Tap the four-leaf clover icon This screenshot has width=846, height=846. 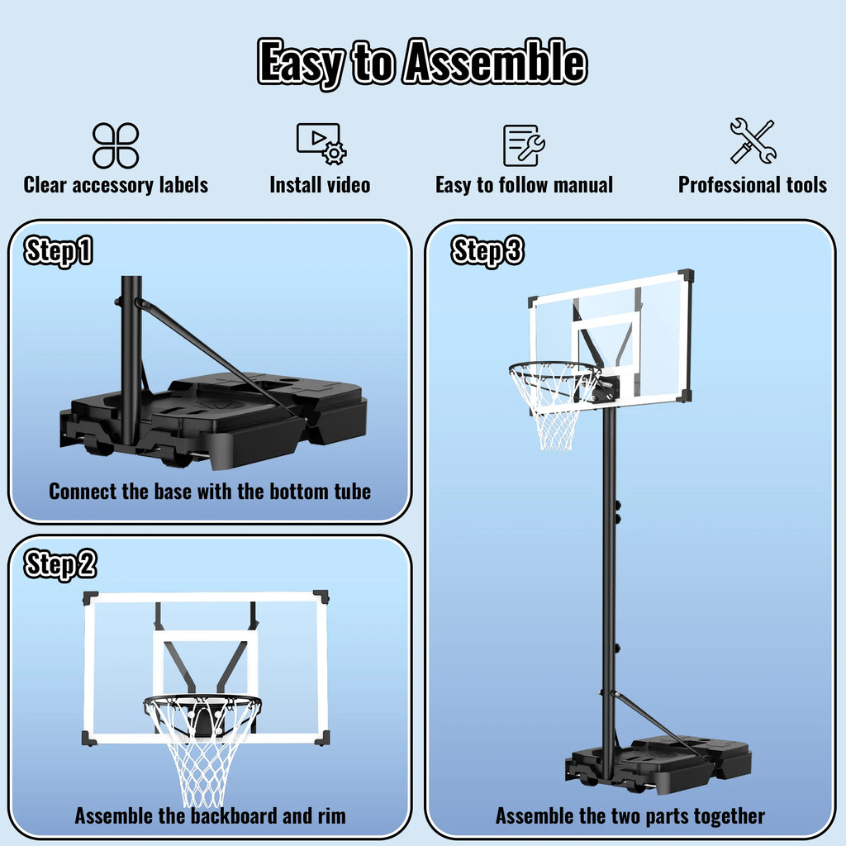coord(116,145)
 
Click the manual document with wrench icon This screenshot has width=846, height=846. coord(524,145)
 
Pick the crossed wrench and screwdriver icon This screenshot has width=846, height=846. coord(752,141)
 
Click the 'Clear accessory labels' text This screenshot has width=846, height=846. coord(116,185)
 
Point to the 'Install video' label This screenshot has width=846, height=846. coord(320,185)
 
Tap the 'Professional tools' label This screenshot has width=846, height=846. coord(752,185)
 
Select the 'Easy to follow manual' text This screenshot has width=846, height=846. coord(524,185)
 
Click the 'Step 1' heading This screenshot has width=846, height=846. coord(58,251)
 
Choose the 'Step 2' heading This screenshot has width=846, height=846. coord(59,565)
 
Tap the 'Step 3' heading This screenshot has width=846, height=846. coord(487,251)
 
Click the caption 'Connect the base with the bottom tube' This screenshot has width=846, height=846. coord(210,492)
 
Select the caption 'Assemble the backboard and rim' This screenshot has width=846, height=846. coord(210,816)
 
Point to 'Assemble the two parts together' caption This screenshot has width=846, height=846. coord(630,816)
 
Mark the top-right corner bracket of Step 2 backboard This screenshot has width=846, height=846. coord(321,596)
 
